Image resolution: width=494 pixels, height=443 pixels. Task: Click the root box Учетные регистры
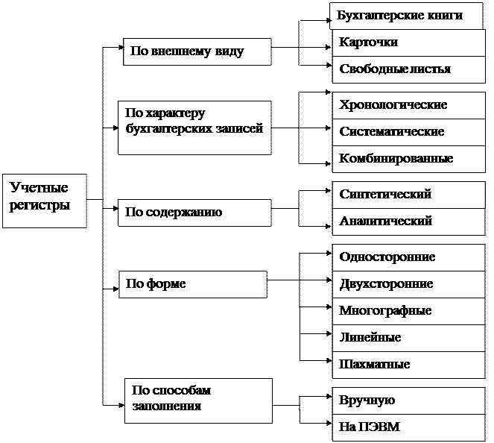point(44,201)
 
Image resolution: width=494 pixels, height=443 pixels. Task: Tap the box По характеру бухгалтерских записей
point(194,128)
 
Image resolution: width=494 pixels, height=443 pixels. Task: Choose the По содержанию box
point(194,213)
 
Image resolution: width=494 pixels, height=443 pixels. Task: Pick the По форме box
point(192,284)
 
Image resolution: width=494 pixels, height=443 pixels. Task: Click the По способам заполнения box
point(197,400)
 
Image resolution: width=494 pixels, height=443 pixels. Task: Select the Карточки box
point(408,43)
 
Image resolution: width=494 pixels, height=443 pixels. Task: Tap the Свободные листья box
point(408,69)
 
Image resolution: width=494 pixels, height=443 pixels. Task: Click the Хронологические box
point(408,105)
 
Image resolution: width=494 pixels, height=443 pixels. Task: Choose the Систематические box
point(408,132)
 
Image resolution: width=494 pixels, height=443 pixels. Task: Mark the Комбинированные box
point(408,159)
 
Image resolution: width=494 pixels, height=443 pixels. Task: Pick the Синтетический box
point(408,195)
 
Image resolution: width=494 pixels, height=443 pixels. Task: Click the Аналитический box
point(408,221)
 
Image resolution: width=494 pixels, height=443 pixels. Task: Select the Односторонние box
point(408,257)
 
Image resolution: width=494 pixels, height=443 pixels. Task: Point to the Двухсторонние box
point(408,284)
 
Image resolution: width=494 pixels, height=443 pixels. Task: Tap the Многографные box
point(408,311)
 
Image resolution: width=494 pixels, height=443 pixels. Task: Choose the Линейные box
point(408,338)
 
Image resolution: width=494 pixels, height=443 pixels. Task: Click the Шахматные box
point(408,365)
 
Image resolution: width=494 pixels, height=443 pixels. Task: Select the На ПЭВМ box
point(408,427)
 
